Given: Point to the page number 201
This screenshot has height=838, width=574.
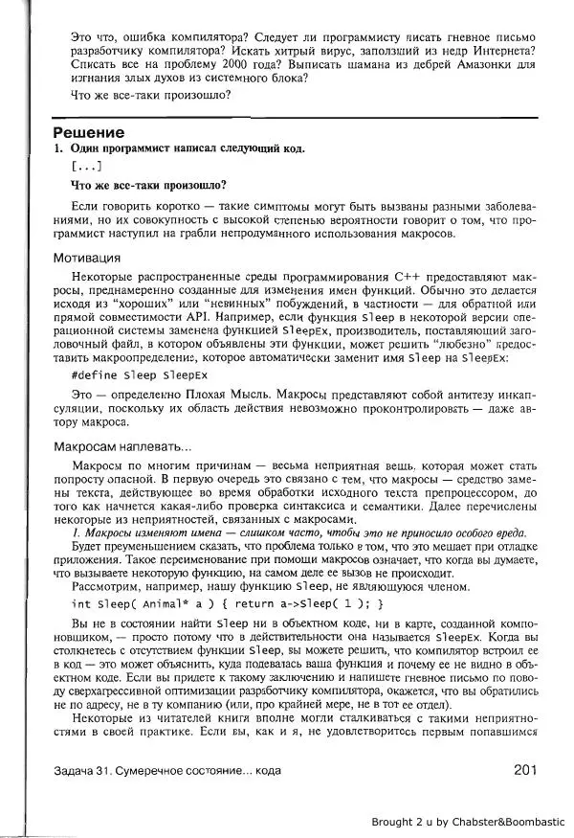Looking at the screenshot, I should tap(529, 768).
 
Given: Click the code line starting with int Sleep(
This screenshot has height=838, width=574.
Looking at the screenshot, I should tap(228, 603).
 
